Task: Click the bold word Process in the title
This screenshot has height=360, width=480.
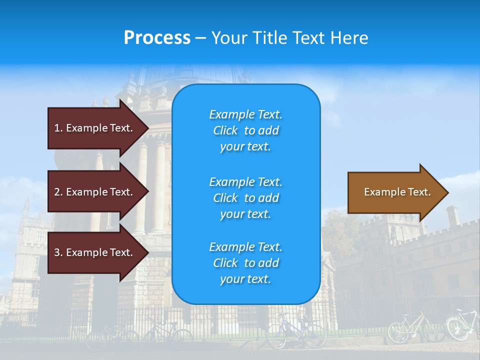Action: pos(157,38)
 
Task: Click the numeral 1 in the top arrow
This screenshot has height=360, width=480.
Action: pos(57,128)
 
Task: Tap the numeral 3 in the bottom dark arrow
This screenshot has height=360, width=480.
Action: pos(57,252)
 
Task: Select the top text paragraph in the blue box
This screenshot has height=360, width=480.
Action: pos(245,130)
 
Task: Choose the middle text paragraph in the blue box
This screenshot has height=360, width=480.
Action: pos(245,198)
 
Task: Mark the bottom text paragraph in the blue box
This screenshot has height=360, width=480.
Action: pos(245,263)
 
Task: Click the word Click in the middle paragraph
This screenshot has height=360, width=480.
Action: pos(225,198)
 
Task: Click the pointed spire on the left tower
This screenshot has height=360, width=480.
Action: pos(26,205)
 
